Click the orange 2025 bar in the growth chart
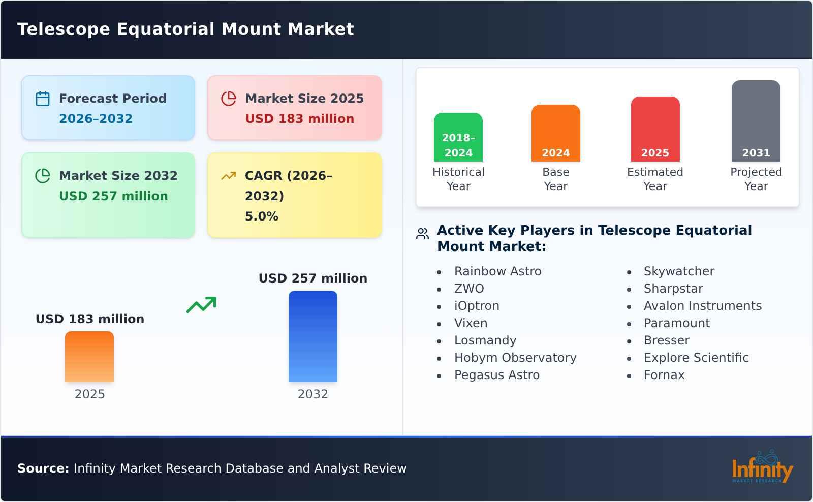89,357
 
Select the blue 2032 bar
312,336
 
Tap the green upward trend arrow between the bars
201,305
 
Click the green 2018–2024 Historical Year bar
458,137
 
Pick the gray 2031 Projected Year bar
756,121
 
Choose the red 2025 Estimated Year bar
655,129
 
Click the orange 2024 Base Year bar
555,133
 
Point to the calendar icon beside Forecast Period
43,99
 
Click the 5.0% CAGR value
261,216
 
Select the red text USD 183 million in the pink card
299,119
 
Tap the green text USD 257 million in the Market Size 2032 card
113,196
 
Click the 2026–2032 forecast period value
96,119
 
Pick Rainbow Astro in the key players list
497,271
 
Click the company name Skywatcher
679,271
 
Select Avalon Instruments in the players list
702,306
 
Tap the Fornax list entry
664,375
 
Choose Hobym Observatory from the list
515,358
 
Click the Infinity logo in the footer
762,467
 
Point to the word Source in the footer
43,468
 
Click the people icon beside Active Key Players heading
422,234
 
